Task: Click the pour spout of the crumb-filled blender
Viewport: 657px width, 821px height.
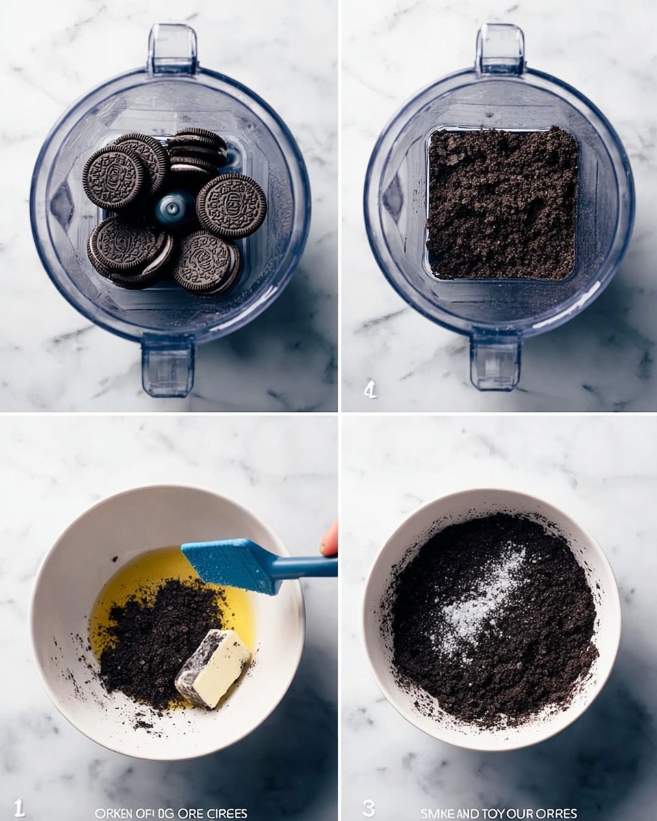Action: pyautogui.click(x=500, y=48)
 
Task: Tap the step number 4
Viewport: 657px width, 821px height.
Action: pyautogui.click(x=370, y=390)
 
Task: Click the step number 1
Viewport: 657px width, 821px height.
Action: pyautogui.click(x=19, y=808)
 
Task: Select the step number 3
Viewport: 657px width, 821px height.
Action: pyautogui.click(x=369, y=808)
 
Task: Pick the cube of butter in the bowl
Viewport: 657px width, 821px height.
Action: pyautogui.click(x=213, y=668)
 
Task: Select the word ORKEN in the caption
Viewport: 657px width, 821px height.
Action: pyautogui.click(x=112, y=813)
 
